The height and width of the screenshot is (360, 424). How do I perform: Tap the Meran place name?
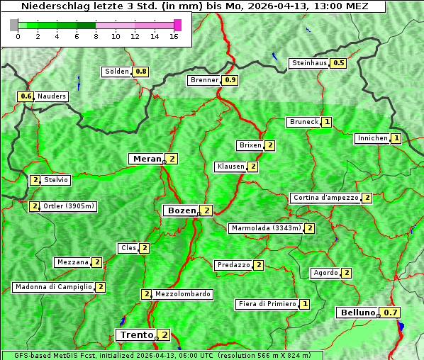click(146, 159)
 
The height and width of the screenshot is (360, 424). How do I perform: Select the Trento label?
click(136, 335)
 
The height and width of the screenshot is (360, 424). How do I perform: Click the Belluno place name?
click(357, 313)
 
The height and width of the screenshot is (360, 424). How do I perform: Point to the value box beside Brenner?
click(230, 80)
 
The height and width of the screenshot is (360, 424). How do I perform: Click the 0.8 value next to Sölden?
click(141, 72)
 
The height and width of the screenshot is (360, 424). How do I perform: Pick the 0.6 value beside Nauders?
click(26, 96)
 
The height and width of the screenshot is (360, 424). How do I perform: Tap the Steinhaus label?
click(310, 63)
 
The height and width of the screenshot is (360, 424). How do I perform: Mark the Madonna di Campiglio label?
click(53, 287)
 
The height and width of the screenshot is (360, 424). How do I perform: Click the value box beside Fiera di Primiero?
click(305, 304)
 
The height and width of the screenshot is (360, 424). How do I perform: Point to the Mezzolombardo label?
click(182, 294)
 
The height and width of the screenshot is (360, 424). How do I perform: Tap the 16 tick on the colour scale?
click(174, 36)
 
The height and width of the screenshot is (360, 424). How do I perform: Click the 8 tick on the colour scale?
click(96, 36)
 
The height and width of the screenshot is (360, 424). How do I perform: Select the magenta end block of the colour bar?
click(177, 25)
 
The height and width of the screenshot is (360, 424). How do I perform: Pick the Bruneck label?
click(303, 122)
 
